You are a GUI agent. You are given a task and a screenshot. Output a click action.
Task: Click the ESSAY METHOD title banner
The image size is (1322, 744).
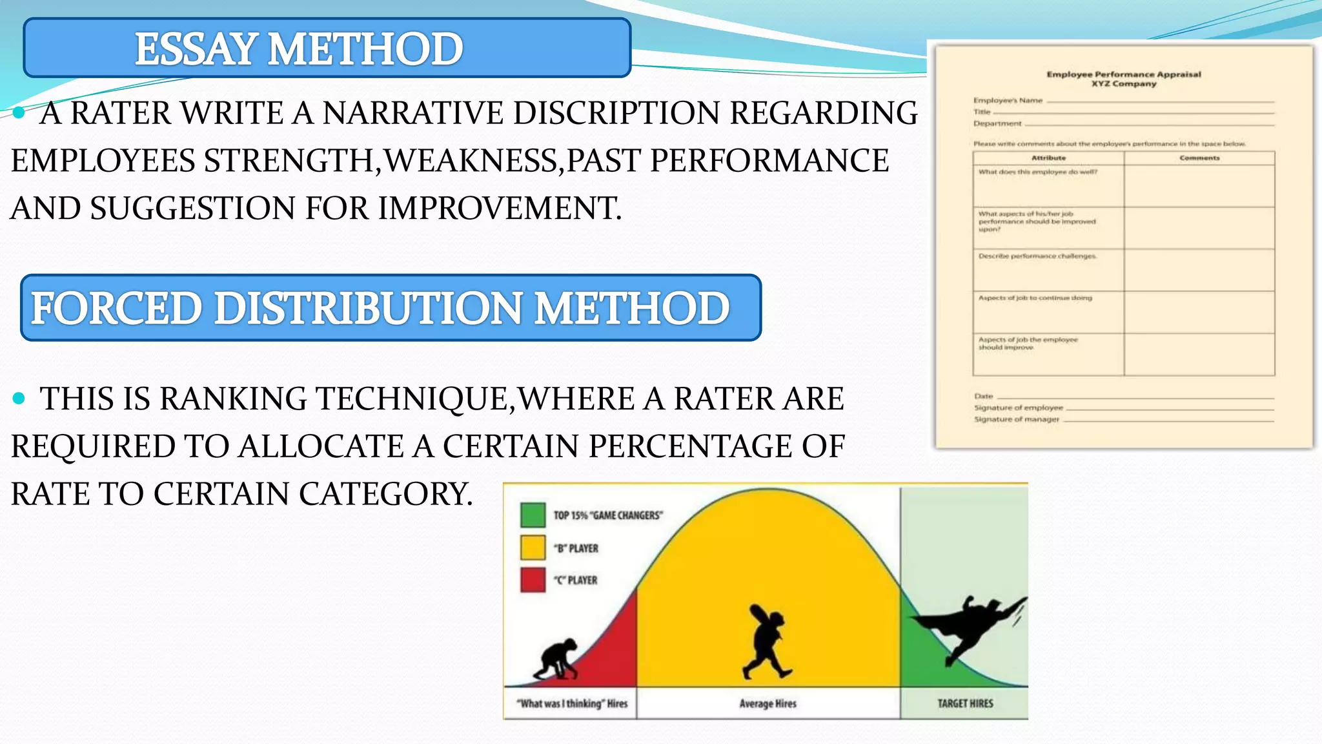point(327,48)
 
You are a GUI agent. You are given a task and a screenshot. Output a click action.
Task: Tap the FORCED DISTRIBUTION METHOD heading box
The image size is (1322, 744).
point(391,308)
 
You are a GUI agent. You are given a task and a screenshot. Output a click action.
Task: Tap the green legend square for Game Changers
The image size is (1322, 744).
point(533,515)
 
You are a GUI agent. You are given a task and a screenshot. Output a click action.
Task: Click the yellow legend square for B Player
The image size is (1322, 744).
point(533,548)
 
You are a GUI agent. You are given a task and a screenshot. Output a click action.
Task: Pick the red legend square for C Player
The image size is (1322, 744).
point(533,580)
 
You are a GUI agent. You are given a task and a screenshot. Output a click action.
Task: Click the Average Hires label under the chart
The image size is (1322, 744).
point(768,703)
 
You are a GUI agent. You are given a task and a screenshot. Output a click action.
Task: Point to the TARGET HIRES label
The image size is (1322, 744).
point(965,703)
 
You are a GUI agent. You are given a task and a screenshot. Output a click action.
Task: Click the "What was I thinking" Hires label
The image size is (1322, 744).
point(572,703)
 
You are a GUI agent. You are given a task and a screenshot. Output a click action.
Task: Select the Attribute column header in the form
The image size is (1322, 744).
point(1048,158)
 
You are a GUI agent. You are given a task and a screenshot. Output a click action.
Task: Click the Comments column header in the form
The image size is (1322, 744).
point(1199,158)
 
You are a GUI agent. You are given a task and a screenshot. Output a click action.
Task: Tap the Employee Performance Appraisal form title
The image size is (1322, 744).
point(1124,74)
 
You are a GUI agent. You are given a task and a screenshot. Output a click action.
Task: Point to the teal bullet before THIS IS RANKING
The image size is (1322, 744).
point(19,398)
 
